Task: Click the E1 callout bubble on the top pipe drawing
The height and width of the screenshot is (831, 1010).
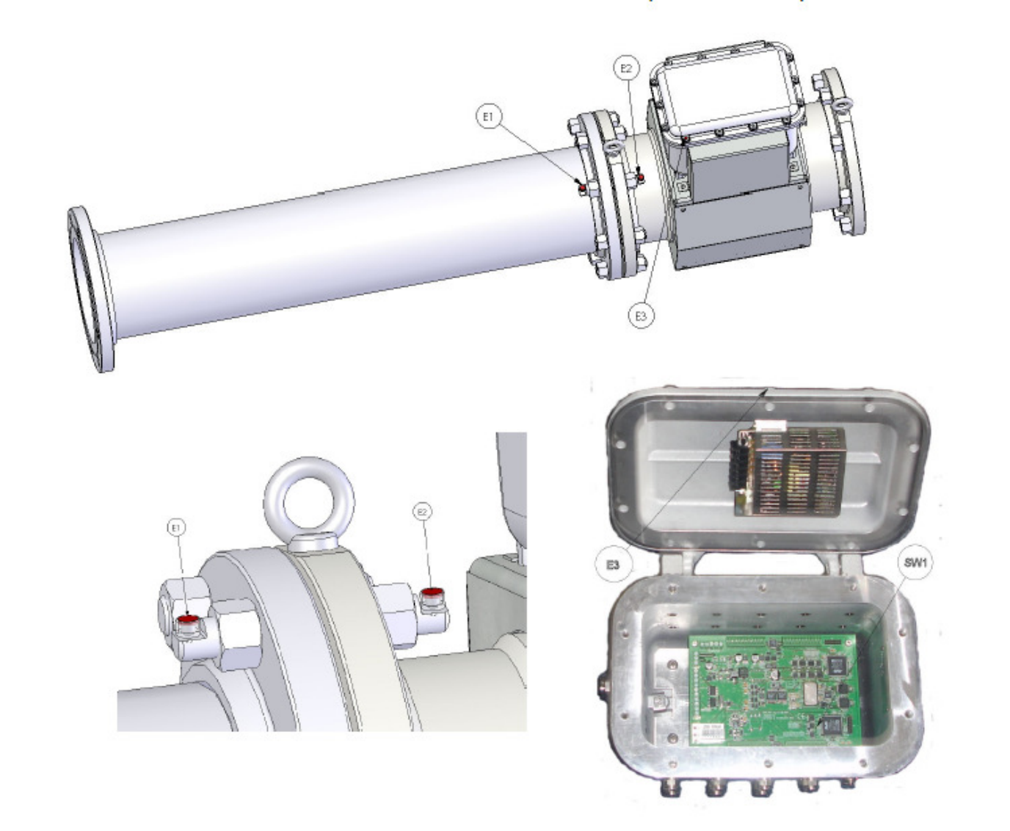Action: [488, 117]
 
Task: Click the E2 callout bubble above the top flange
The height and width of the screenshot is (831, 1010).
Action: [626, 68]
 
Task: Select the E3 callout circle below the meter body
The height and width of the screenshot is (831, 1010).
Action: [641, 316]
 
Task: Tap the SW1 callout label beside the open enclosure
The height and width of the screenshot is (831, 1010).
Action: [915, 563]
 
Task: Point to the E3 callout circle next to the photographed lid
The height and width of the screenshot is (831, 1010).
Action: [612, 565]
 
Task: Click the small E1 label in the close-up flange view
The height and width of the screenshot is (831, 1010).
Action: [175, 528]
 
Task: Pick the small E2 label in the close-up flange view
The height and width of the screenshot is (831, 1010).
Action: [422, 512]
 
